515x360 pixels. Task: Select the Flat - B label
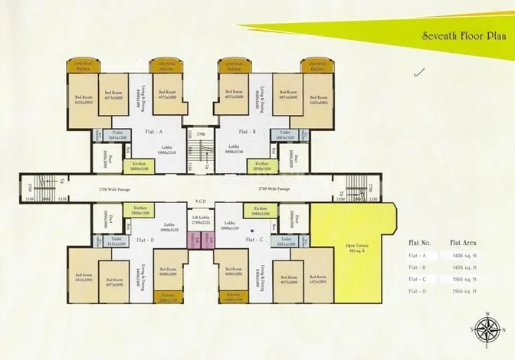[x=247, y=132]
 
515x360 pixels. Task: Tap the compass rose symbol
[x=486, y=330]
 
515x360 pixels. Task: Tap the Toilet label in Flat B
[x=285, y=135]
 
